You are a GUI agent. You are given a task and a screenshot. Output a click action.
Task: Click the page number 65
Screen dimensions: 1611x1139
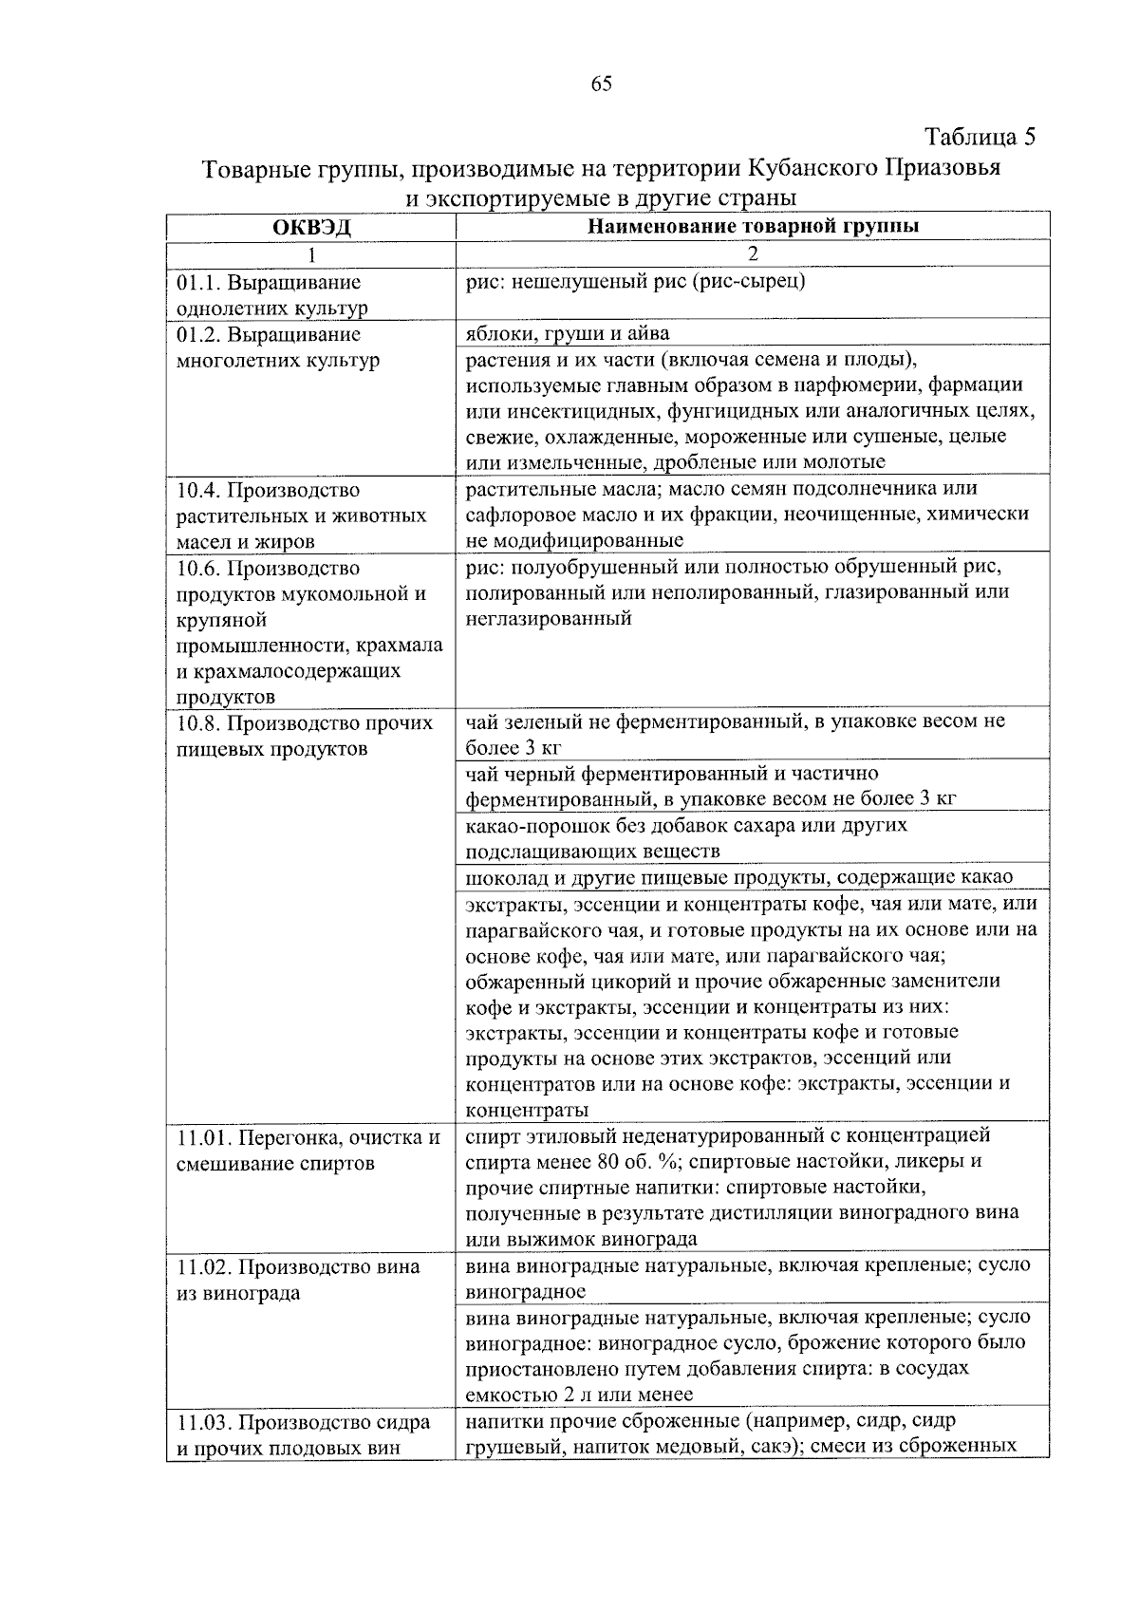point(601,84)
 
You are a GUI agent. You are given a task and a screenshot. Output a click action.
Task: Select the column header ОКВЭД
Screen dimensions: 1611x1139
point(311,227)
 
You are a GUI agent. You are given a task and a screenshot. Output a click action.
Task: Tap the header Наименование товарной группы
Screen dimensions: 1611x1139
point(753,226)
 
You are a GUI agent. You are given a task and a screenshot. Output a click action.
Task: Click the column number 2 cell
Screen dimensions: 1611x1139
point(753,253)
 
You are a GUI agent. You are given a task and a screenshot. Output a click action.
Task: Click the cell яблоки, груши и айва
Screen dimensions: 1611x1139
point(568,333)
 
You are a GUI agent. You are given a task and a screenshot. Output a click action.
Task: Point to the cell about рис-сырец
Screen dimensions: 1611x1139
point(636,282)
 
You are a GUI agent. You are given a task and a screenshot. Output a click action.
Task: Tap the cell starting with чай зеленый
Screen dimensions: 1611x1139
point(735,733)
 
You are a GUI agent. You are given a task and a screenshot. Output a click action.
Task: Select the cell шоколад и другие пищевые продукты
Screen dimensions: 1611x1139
point(739,876)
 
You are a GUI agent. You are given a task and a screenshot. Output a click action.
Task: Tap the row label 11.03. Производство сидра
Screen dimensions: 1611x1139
point(303,1435)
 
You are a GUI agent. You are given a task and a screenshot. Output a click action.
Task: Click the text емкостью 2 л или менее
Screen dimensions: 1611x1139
point(579,1395)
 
